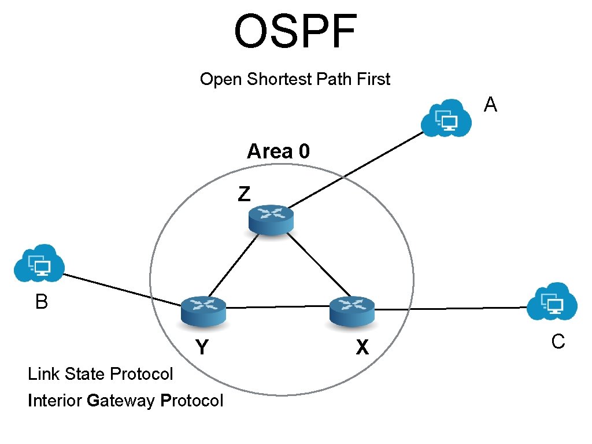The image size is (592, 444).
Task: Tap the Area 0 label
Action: click(x=278, y=151)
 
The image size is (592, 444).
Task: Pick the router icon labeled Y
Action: click(x=203, y=310)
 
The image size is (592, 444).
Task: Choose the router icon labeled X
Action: click(x=351, y=310)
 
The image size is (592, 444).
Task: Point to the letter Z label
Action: click(x=245, y=194)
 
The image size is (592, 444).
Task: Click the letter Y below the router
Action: click(x=201, y=347)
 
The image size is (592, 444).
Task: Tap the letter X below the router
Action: click(x=362, y=347)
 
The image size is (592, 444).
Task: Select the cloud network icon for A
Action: click(x=445, y=118)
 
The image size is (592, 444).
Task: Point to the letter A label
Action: click(x=490, y=105)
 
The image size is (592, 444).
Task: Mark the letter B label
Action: click(x=41, y=302)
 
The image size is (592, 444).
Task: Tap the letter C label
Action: click(x=558, y=342)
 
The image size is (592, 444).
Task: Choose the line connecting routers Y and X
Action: click(x=277, y=308)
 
